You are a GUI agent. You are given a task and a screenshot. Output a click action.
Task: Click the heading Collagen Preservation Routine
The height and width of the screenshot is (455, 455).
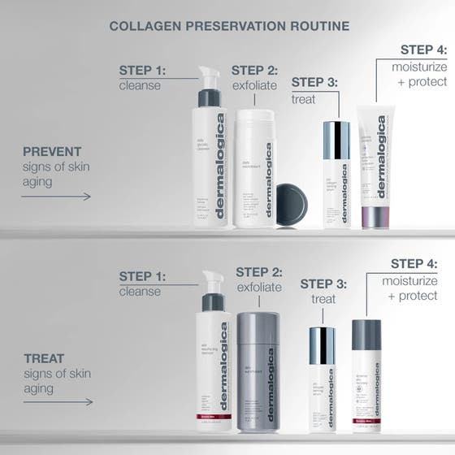tap(229, 26)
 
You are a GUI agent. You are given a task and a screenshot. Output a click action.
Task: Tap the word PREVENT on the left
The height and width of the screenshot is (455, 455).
tap(51, 152)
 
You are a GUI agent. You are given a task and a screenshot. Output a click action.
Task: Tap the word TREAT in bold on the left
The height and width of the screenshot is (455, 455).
tap(44, 357)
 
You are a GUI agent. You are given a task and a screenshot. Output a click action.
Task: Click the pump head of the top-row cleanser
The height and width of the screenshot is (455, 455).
tap(210, 79)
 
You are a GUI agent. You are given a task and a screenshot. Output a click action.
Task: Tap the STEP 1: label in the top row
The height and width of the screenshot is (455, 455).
tap(142, 70)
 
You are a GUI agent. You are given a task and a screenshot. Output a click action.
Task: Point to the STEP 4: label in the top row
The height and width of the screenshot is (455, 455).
tap(423, 50)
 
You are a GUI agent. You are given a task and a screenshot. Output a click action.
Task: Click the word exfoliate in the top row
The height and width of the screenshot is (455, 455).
tap(254, 85)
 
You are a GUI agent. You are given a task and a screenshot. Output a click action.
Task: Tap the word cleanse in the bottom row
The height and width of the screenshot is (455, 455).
tap(140, 292)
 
